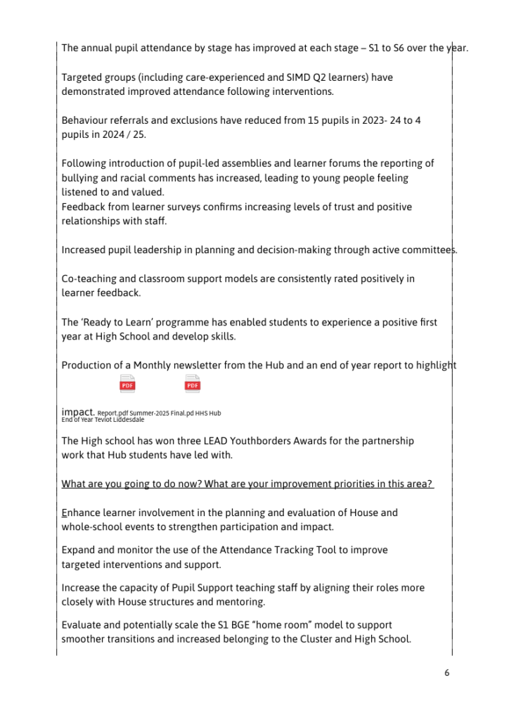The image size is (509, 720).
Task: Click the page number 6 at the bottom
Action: point(446,673)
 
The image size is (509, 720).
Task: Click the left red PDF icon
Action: point(127,384)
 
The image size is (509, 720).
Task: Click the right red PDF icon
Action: point(193,384)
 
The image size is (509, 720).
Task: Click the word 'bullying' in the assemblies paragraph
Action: point(79,178)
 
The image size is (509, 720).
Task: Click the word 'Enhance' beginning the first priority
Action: point(82,513)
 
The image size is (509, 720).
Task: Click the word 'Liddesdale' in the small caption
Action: point(128,420)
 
